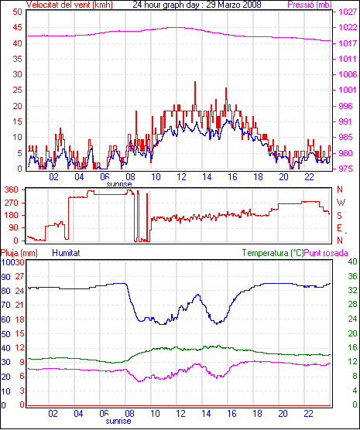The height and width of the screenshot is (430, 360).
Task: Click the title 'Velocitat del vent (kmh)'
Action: pos(69,5)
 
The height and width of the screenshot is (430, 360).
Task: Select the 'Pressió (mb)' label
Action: pos(310,5)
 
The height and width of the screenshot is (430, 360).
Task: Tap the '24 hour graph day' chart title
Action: pos(167,5)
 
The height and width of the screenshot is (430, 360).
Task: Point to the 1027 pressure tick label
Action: pos(348,12)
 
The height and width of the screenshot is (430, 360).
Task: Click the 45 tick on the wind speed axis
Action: pos(18,27)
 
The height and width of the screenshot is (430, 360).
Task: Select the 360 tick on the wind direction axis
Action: pos(12,189)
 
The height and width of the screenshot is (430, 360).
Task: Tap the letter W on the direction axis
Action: pos(341,203)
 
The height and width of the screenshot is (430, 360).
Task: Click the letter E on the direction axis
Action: pos(340,228)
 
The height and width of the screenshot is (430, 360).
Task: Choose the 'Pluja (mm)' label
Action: pos(19,253)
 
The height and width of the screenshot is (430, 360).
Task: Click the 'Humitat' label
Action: pos(66,253)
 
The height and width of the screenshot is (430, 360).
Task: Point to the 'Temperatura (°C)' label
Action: pos(273,253)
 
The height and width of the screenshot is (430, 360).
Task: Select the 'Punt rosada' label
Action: pos(326,253)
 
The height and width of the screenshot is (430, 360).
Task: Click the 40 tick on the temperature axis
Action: pos(352,261)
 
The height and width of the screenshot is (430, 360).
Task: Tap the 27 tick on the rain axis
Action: pos(19,276)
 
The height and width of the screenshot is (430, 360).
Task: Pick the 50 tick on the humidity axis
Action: pos(5,334)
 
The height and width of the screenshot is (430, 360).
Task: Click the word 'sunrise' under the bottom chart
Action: pos(118,421)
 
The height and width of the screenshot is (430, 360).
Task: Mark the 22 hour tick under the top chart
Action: pos(309,177)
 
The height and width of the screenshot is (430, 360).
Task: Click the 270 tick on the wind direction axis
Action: pos(12,203)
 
